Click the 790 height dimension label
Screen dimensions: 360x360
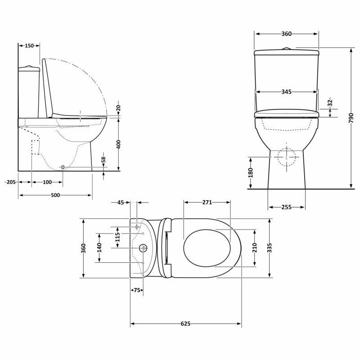(351, 118)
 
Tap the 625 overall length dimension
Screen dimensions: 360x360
(186, 324)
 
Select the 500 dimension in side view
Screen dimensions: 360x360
(55, 195)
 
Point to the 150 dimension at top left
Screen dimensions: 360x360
(29, 45)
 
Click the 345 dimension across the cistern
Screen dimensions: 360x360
(286, 92)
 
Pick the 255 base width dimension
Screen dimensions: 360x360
(287, 207)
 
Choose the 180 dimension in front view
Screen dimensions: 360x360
(251, 173)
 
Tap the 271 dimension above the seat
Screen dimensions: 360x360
(207, 202)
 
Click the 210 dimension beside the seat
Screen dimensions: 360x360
(254, 248)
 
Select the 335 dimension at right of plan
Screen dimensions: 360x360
(269, 248)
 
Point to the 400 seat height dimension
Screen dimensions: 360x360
(118, 144)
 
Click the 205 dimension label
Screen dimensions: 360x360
(11, 182)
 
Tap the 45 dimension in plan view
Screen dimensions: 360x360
(120, 202)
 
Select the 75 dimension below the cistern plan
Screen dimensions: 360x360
(137, 290)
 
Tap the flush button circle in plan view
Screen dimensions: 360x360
(143, 248)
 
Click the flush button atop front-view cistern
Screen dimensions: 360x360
(286, 48)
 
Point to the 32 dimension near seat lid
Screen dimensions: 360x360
(329, 103)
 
